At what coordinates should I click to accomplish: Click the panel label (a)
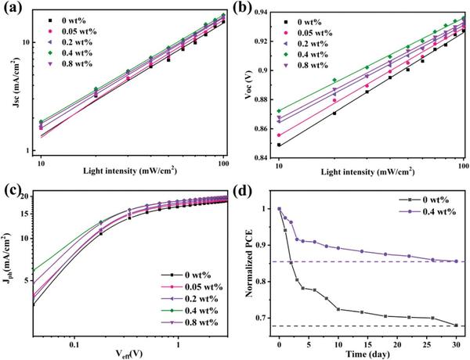[11, 10]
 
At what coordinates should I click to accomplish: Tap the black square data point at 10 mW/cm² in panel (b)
[279, 145]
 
